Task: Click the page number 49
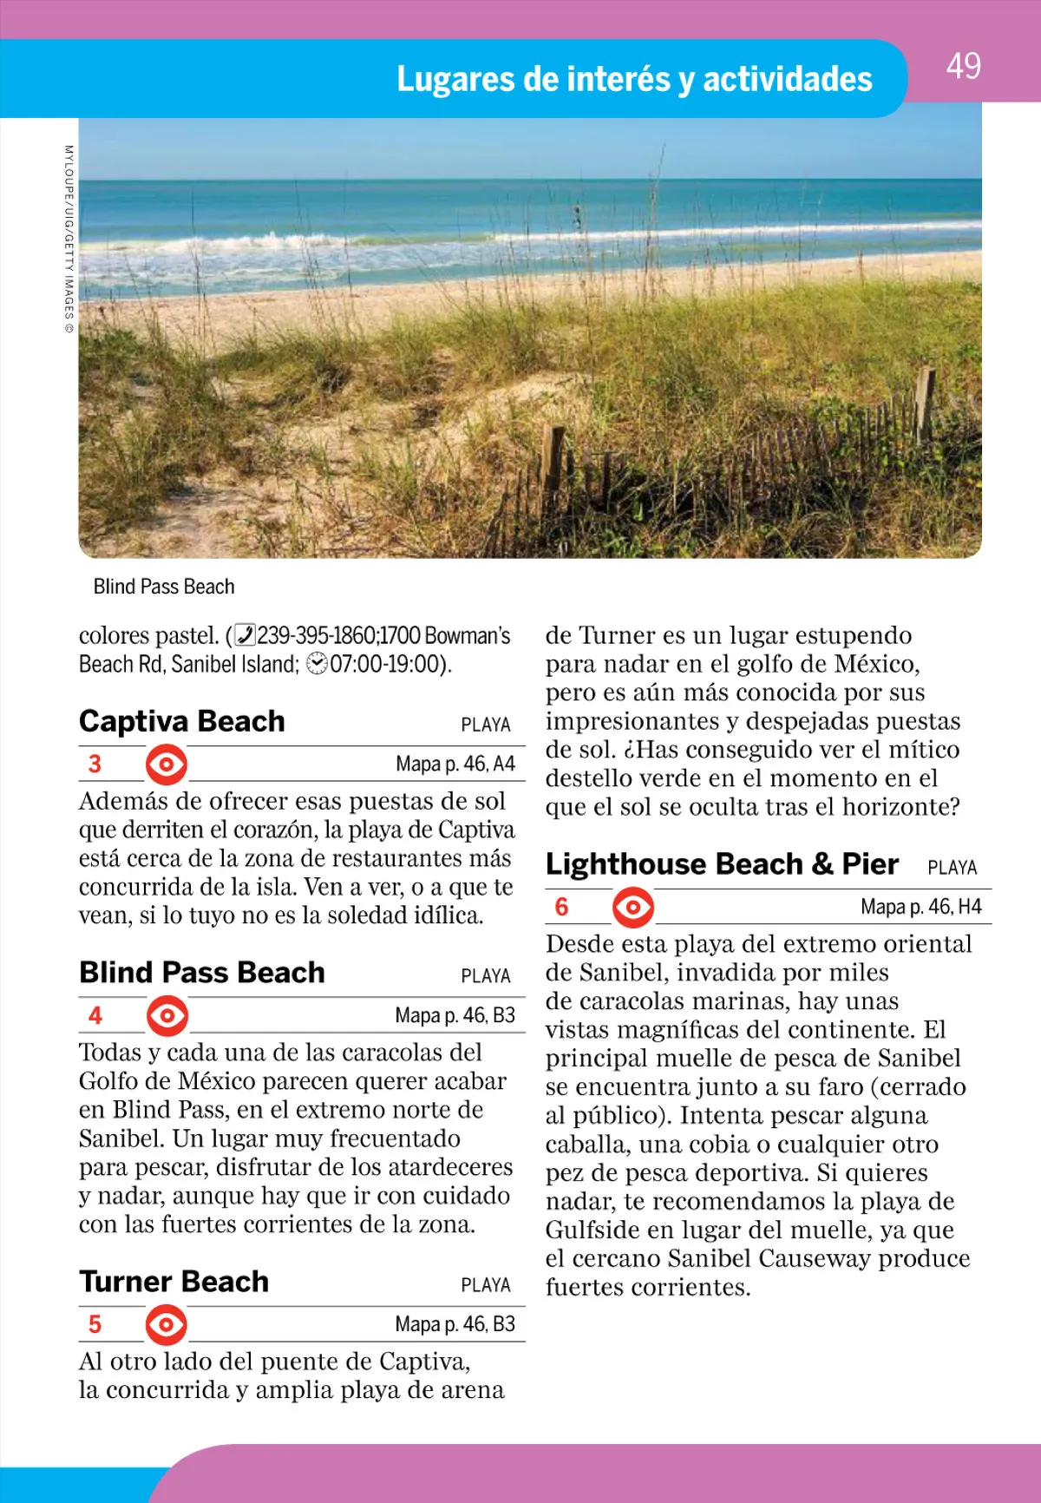963,67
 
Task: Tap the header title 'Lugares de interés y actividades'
634,79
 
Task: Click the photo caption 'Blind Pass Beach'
164,587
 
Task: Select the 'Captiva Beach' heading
182,721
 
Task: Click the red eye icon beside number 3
167,765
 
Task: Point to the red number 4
95,1015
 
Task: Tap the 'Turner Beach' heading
174,1282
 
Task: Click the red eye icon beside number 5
167,1325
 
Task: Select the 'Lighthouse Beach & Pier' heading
722,864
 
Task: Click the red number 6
561,908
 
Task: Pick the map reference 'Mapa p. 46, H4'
920,908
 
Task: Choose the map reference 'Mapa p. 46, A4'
455,765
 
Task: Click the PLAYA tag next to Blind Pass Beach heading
486,976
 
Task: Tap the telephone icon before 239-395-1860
246,636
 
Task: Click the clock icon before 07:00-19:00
318,665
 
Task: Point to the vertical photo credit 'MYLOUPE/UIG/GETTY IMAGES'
69,239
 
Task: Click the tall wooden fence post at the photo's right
925,403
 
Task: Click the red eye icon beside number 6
633,908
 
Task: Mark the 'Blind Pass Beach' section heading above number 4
202,973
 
